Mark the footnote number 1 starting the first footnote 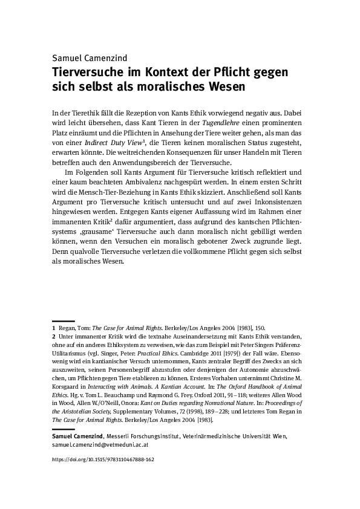(x=53, y=326)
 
